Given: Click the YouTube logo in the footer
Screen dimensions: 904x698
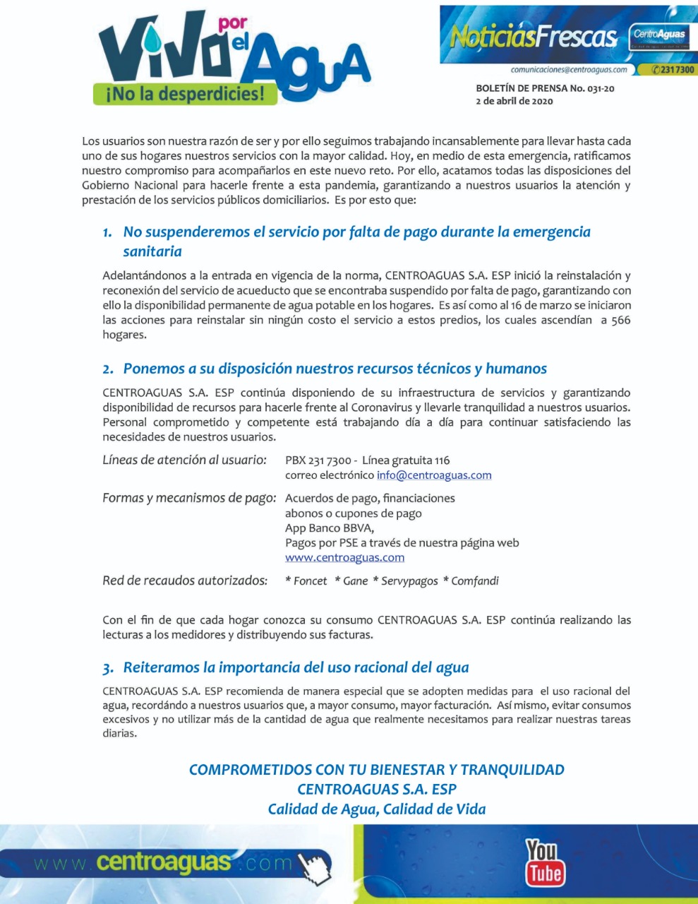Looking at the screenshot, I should (544, 862).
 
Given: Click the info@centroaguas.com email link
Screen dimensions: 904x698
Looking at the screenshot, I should (434, 475).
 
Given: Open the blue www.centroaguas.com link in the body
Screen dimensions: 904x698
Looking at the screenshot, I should (344, 557).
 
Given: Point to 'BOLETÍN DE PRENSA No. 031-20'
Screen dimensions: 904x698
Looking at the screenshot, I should (545, 89).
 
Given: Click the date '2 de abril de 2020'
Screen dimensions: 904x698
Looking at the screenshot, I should (515, 101).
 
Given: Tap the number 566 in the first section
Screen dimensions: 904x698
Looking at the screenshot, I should (620, 320).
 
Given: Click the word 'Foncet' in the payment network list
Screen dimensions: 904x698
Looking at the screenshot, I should (310, 581).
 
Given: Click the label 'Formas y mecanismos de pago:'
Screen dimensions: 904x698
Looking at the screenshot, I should (189, 498).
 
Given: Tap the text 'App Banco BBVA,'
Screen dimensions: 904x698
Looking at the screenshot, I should (330, 528).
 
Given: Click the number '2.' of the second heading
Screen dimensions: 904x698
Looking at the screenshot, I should (108, 369).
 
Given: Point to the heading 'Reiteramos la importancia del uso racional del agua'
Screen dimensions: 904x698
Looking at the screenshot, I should (296, 667).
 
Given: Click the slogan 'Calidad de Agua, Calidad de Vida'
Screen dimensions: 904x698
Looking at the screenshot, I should (377, 809).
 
